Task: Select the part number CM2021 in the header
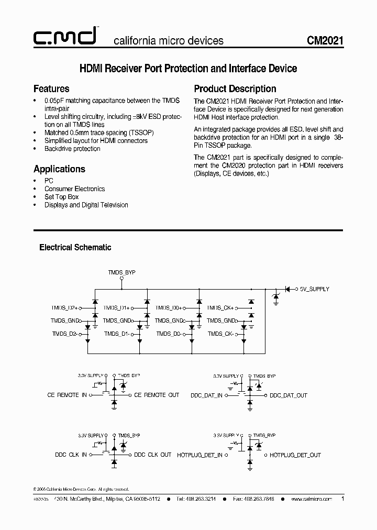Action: (x=325, y=40)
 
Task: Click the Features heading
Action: (x=51, y=89)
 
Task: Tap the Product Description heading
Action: (x=235, y=89)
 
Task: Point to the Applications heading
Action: (x=59, y=169)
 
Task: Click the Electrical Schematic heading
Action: (x=75, y=247)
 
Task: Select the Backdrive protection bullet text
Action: (x=72, y=149)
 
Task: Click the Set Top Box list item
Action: (x=61, y=197)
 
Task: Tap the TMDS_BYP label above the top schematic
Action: (x=121, y=273)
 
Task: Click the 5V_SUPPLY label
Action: (x=314, y=289)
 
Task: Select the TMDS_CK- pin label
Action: (x=220, y=334)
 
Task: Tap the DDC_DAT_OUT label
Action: (x=289, y=395)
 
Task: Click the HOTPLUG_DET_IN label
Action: (x=199, y=455)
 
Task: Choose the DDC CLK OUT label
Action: (x=152, y=455)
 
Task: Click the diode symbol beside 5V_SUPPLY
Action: (x=287, y=289)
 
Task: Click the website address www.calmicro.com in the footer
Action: (x=312, y=499)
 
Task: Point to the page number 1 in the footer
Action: (x=342, y=499)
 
